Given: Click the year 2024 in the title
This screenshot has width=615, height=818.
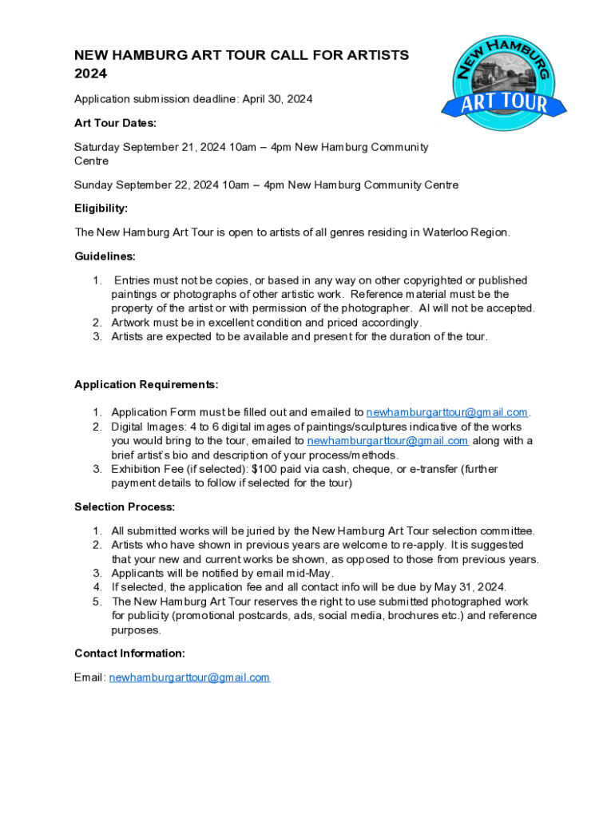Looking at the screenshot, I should (90, 73).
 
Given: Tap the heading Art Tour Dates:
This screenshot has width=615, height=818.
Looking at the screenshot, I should (115, 123).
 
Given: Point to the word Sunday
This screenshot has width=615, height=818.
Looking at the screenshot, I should (93, 185).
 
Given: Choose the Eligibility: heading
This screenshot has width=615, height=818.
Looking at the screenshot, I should (101, 208).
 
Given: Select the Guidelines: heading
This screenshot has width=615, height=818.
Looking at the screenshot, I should (105, 256).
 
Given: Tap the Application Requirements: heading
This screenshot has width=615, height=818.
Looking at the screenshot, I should (146, 384).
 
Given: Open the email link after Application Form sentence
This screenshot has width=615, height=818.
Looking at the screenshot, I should (446, 412).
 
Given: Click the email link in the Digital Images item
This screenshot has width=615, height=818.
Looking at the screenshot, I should (387, 441).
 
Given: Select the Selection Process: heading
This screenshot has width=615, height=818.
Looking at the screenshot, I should (125, 506).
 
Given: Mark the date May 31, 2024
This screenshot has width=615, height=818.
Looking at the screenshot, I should (470, 587).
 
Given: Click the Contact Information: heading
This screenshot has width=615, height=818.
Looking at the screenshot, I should (129, 653).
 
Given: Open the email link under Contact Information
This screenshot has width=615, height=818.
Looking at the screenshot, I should (189, 677).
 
